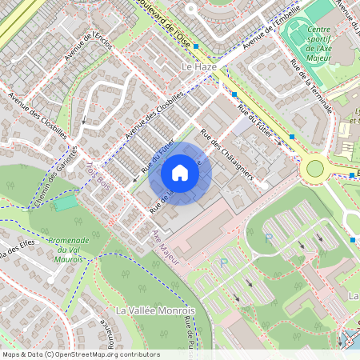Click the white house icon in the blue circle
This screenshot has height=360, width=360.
[180, 172]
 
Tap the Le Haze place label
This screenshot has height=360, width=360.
[198, 68]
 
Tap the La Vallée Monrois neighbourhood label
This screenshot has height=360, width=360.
[155, 310]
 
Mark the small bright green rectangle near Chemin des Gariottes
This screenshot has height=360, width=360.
[66, 203]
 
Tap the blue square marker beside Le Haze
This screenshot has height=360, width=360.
[234, 94]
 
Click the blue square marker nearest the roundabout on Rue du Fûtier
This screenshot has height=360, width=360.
[292, 137]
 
